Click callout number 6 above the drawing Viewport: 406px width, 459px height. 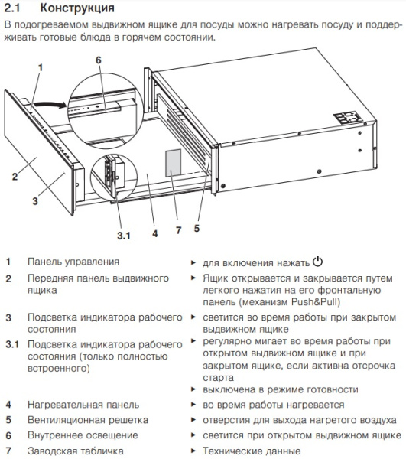coord(98,60)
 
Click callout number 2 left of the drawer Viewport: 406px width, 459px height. coord(15,177)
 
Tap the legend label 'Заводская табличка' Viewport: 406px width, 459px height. coord(75,451)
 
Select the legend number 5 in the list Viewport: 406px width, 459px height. coord(8,420)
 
